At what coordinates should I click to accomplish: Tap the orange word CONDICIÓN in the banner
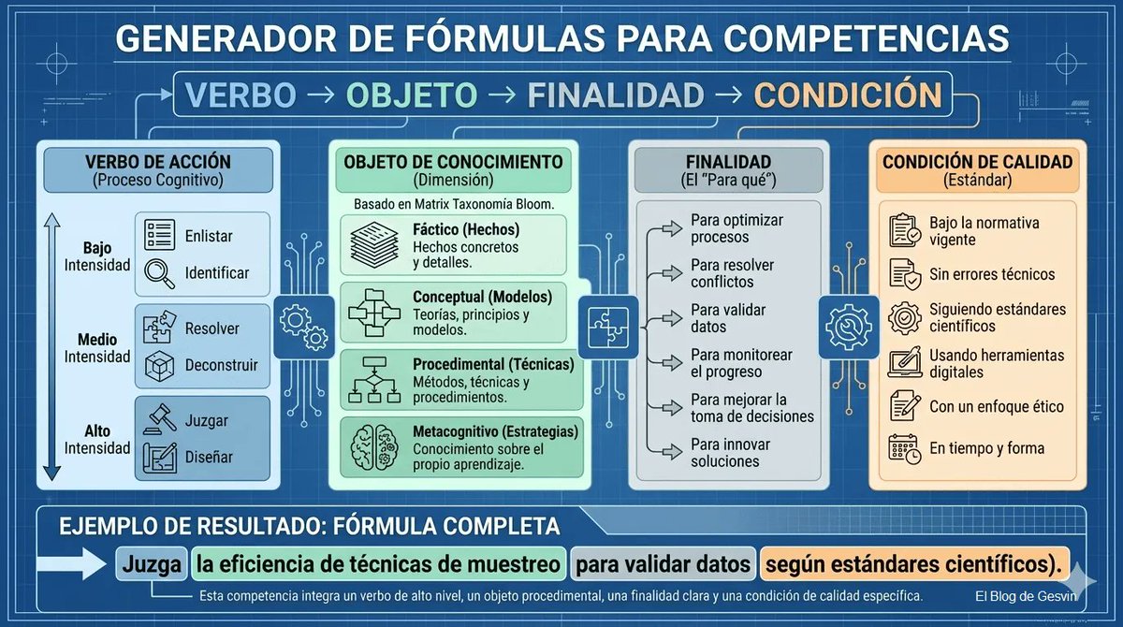[x=848, y=95]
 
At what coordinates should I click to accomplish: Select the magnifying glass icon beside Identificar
[x=160, y=272]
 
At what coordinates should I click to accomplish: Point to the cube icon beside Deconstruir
[x=160, y=365]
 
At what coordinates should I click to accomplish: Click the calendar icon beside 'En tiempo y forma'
[x=904, y=448]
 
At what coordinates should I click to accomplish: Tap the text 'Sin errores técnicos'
[x=991, y=274]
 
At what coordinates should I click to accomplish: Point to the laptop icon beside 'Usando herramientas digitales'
[x=904, y=363]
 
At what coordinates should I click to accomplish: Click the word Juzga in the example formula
[x=151, y=564]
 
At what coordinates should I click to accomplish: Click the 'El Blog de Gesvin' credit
[x=1027, y=596]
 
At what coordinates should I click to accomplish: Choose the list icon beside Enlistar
[x=160, y=236]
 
